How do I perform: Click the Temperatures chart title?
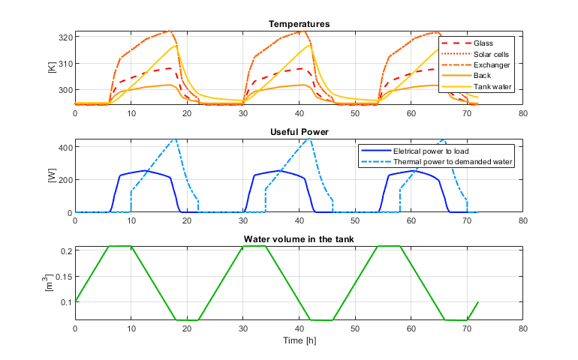[299, 24]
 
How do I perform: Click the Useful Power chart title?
[299, 132]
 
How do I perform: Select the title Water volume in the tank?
[299, 239]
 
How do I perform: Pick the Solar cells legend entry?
[491, 54]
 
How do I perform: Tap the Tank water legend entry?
[492, 86]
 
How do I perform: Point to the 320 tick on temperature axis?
[64, 37]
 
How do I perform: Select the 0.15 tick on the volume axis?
[62, 276]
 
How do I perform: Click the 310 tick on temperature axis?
[64, 63]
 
